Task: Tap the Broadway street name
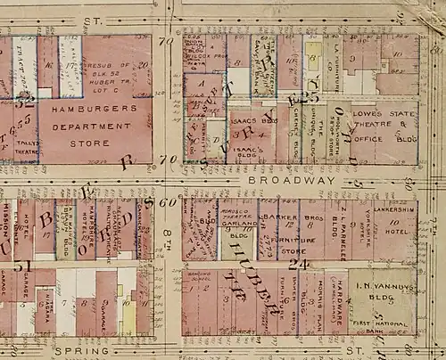click(276, 179)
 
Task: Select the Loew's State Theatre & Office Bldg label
click(384, 126)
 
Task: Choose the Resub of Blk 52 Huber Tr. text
click(109, 73)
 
